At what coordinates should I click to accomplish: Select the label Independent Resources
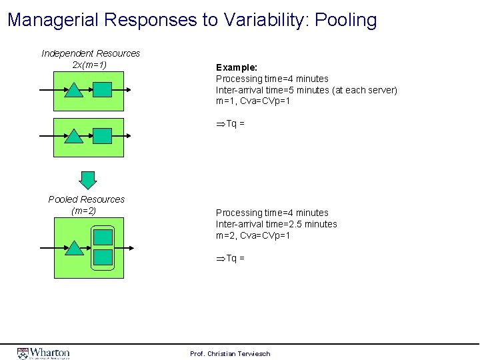(x=91, y=53)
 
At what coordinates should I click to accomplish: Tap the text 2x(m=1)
(x=89, y=65)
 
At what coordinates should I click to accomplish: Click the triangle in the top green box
(x=73, y=90)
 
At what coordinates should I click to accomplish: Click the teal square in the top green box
(x=102, y=90)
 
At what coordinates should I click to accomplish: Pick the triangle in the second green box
(x=73, y=136)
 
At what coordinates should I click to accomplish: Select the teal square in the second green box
(x=102, y=136)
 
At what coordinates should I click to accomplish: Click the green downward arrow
(x=88, y=179)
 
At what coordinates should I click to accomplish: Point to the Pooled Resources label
(x=87, y=199)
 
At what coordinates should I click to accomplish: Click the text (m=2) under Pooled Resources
(x=83, y=211)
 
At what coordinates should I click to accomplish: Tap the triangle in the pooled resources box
(x=73, y=248)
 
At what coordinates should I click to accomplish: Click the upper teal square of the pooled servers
(x=103, y=237)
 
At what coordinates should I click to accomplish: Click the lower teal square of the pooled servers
(x=103, y=258)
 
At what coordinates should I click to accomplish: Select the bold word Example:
(x=237, y=67)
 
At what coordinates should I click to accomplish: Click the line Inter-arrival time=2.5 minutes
(x=276, y=224)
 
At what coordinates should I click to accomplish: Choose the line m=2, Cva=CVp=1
(x=253, y=235)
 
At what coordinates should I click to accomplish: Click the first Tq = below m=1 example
(x=231, y=123)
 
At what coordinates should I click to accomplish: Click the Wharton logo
(x=43, y=353)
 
